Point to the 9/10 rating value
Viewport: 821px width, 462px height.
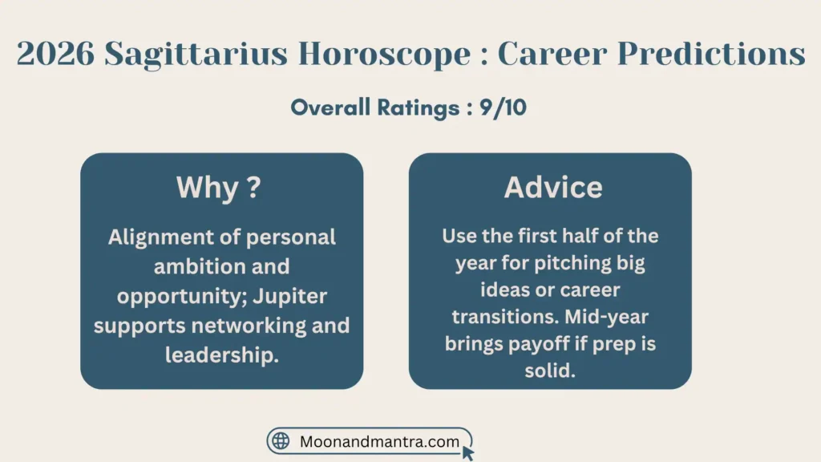click(x=501, y=107)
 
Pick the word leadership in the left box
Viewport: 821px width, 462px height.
click(x=222, y=355)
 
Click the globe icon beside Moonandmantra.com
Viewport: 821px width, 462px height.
click(x=281, y=441)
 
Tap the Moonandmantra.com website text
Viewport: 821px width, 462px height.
click(x=379, y=441)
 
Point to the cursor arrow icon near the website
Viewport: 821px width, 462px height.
click(x=468, y=452)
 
